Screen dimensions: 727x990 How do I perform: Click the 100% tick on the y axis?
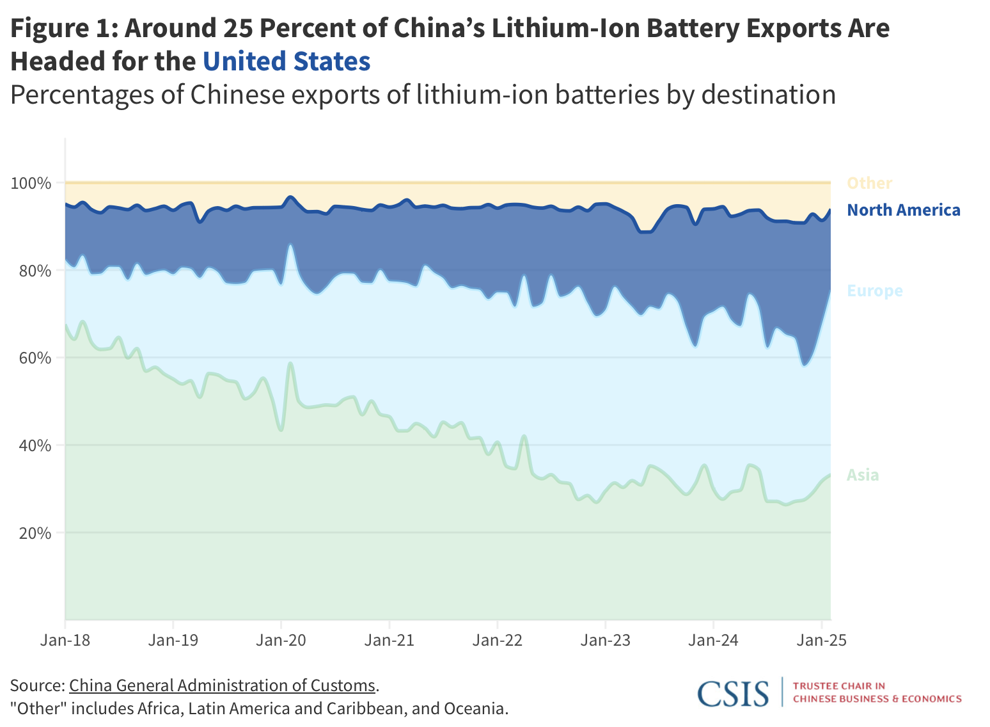(x=30, y=184)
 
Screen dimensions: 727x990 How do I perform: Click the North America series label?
(x=903, y=210)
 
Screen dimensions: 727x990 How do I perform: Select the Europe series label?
(x=874, y=291)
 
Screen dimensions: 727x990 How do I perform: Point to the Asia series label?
(x=863, y=475)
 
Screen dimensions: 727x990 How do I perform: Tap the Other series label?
(x=869, y=184)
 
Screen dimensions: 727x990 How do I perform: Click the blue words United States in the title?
(x=287, y=62)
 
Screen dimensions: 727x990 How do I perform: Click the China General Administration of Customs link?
(x=222, y=685)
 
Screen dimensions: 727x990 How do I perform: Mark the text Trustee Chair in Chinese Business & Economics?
(x=877, y=692)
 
